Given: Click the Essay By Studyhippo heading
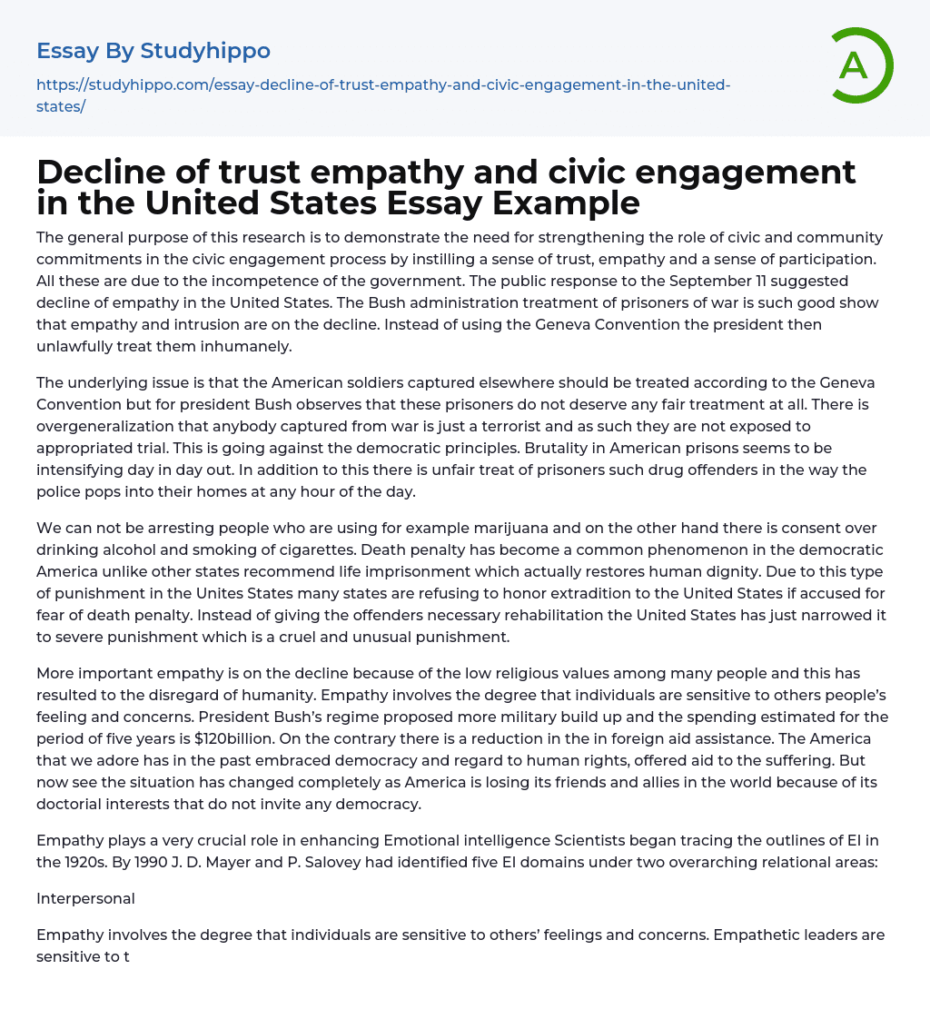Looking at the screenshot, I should coord(153,51).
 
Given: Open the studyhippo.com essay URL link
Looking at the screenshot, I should coord(383,94).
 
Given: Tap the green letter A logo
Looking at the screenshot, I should coord(855,65).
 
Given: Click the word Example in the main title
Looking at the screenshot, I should coord(566,203).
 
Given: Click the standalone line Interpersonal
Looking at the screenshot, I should coord(85,898).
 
